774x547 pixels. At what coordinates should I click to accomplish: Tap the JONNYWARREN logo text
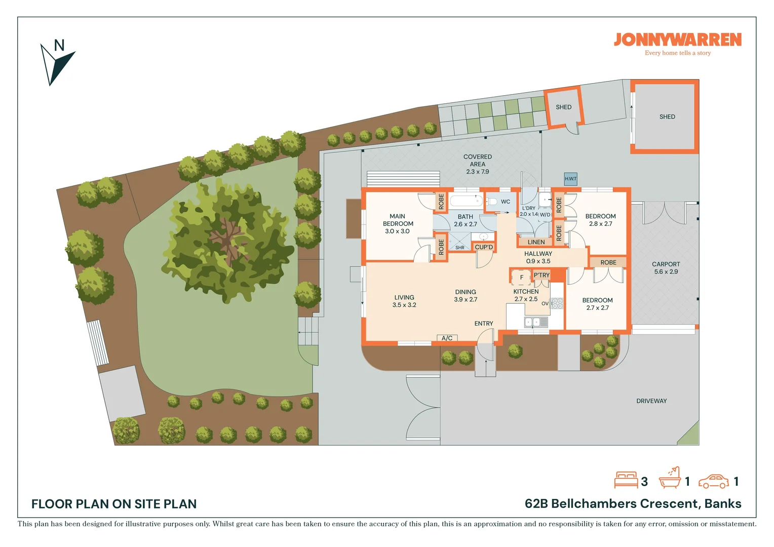tap(678, 40)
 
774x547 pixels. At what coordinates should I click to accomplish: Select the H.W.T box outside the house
tap(570, 179)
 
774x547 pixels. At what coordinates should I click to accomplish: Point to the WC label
tap(506, 202)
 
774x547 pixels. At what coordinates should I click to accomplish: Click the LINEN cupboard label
tap(536, 242)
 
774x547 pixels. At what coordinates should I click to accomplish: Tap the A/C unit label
tap(447, 338)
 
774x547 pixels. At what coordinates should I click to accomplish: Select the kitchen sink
tap(536, 322)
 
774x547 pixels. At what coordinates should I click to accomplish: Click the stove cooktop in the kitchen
tap(557, 303)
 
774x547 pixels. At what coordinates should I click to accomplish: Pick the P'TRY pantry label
tap(541, 275)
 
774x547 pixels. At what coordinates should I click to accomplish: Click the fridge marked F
tap(521, 277)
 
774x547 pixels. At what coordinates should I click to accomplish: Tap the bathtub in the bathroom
tap(466, 201)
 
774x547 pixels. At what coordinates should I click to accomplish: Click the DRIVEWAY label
tap(651, 401)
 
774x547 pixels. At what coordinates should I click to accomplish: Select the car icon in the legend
tap(714, 481)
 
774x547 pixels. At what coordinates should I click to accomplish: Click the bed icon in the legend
tap(626, 480)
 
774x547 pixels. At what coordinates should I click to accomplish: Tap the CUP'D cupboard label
tap(484, 247)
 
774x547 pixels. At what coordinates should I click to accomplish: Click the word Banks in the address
tap(723, 503)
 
